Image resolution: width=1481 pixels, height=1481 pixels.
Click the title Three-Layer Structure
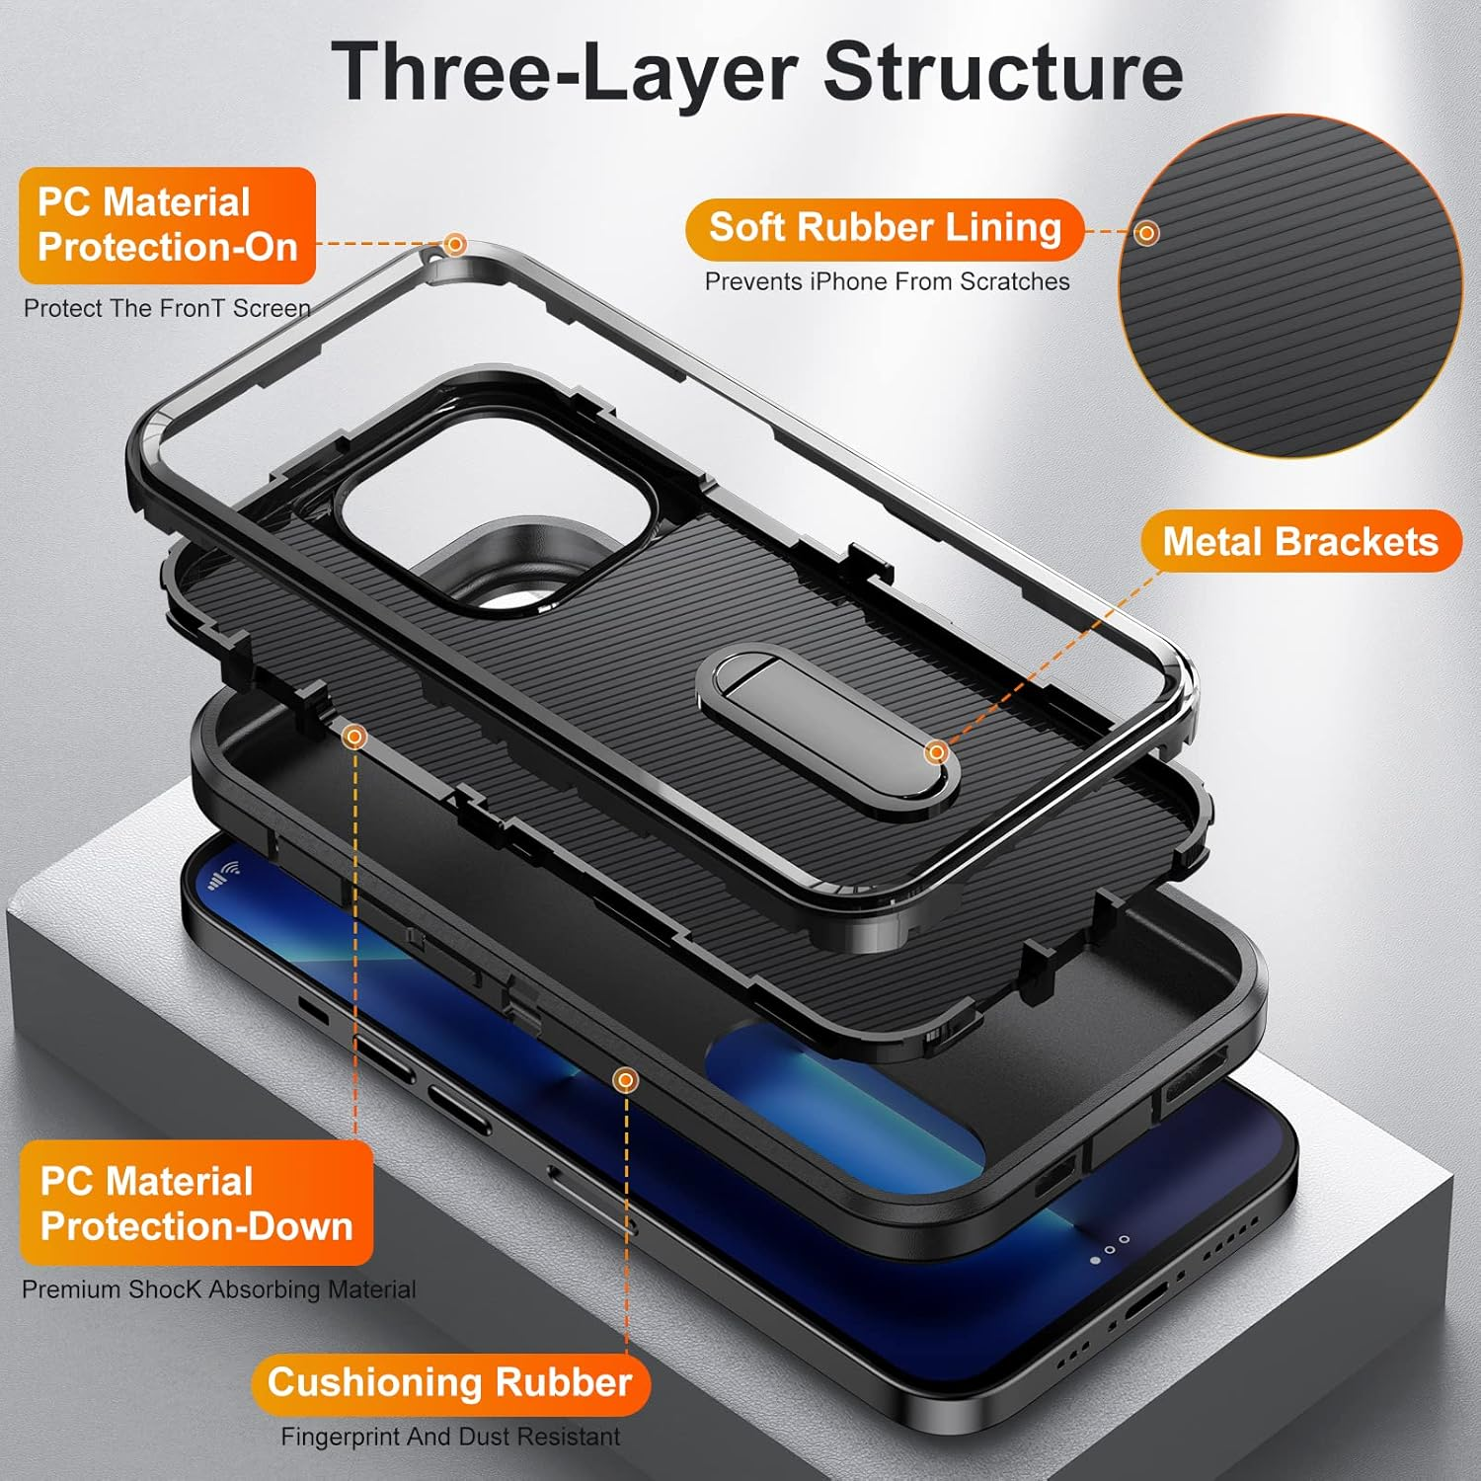pos(756,71)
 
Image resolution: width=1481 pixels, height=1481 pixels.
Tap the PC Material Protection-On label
pos(167,225)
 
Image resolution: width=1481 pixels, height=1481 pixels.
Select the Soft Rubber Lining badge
pos(885,228)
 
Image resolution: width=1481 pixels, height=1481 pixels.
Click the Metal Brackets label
pos(1300,541)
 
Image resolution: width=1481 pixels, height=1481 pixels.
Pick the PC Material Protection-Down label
pos(195,1203)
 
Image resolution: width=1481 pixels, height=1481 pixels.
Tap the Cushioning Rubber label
pos(450,1382)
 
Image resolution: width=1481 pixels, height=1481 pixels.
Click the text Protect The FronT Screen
pos(167,308)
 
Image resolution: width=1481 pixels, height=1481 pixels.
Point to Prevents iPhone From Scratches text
pos(887,281)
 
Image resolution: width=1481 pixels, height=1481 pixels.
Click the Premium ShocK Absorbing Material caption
pos(218,1289)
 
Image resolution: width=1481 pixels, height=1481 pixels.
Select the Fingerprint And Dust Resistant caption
pos(450,1437)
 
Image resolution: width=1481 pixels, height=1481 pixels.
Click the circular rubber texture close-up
pos(1288,286)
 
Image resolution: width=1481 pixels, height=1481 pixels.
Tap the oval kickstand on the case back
pos(827,731)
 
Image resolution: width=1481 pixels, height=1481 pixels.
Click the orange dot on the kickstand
pos(936,753)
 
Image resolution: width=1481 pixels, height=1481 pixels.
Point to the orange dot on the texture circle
pos(1146,233)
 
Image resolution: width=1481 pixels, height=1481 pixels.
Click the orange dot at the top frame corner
pos(455,244)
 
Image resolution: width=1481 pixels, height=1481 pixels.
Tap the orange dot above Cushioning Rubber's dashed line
pos(625,1081)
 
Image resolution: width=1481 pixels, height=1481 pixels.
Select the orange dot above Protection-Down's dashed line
pos(354,737)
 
